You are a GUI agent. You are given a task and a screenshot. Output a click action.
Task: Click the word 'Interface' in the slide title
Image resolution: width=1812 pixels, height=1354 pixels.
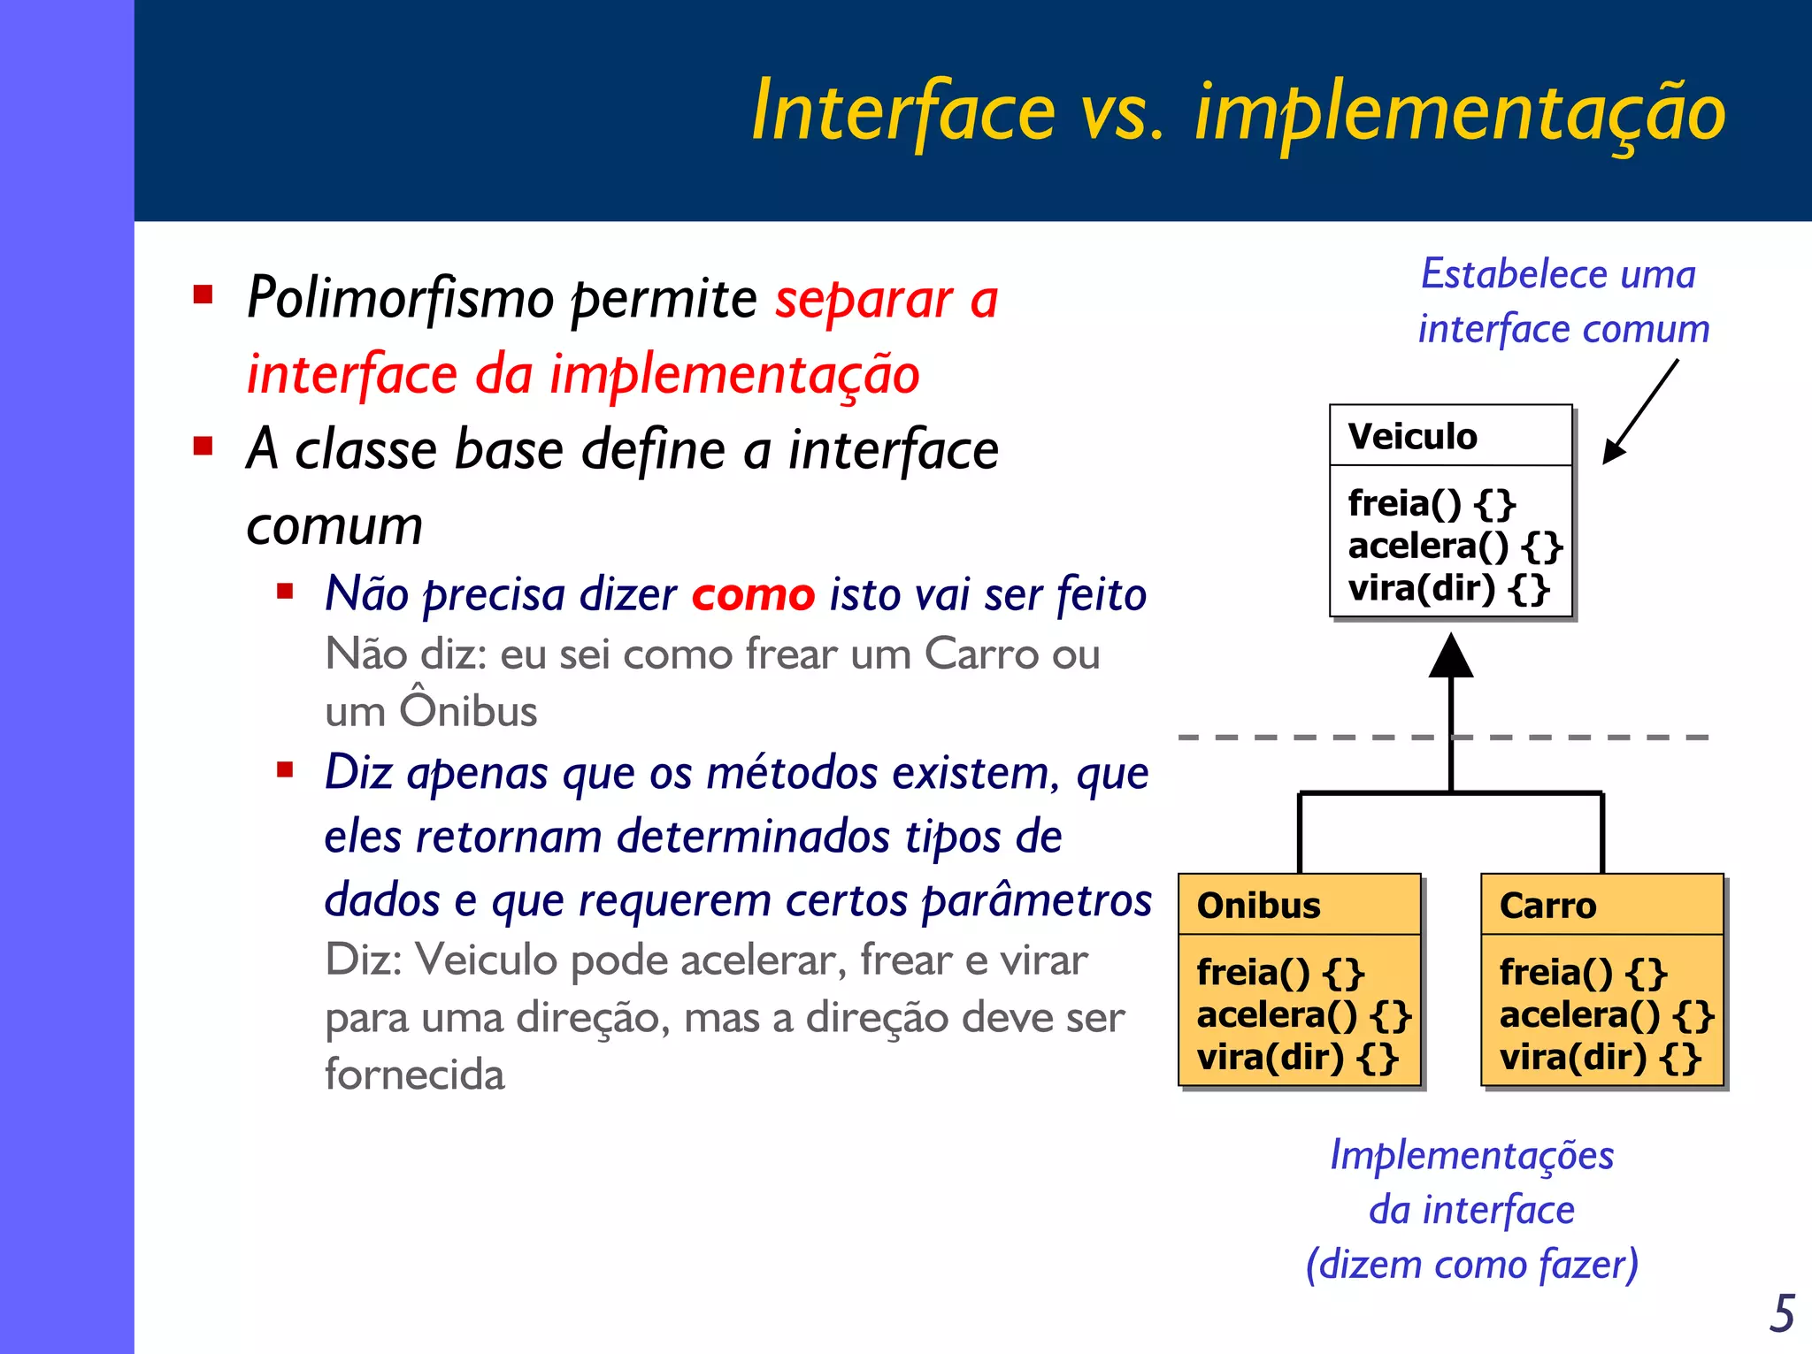(902, 111)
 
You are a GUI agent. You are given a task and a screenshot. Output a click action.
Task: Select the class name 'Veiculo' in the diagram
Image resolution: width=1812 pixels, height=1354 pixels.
(1412, 436)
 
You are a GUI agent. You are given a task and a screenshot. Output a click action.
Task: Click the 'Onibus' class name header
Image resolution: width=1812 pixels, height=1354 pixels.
(1258, 906)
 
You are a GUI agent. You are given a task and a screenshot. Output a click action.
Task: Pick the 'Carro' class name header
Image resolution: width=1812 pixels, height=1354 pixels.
(1547, 906)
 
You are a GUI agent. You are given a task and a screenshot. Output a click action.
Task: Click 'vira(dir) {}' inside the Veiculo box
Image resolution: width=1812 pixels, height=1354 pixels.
(1448, 589)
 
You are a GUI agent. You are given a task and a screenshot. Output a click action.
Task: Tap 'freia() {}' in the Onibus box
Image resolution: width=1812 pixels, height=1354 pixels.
(1280, 973)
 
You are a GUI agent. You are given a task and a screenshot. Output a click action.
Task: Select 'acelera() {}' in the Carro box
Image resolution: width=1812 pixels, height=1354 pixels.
(1606, 1015)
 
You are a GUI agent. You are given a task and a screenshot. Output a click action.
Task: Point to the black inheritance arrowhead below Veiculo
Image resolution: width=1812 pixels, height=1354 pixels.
(1451, 658)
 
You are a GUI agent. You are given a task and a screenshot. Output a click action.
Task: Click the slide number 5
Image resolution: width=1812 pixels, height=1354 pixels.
(1782, 1313)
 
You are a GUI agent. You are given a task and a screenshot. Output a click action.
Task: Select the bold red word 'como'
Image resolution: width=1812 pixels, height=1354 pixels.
(753, 594)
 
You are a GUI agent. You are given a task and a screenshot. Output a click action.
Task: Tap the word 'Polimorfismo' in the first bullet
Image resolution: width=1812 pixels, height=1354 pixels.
(400, 298)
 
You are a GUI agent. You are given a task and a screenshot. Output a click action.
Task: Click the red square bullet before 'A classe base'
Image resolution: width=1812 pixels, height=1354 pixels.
(203, 445)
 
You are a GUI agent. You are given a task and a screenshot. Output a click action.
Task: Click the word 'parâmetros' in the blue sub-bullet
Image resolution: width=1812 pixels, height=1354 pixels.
(1036, 901)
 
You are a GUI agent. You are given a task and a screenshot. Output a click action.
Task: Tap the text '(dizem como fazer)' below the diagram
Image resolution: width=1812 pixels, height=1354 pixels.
(1471, 1265)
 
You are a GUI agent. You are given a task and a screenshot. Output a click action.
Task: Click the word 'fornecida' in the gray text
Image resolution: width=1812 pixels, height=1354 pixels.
(414, 1075)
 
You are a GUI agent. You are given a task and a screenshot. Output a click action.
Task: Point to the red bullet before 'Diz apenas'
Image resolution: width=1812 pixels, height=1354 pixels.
(285, 769)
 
